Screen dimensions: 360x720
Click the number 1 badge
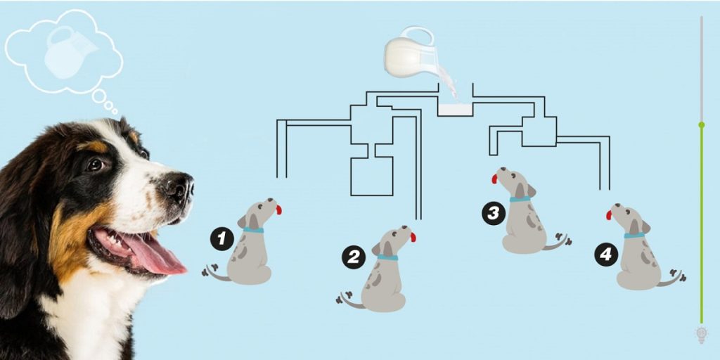click(221, 239)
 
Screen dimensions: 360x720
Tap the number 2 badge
click(353, 257)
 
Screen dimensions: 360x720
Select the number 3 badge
click(493, 213)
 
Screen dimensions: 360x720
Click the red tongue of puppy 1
click(279, 210)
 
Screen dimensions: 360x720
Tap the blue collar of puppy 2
click(387, 258)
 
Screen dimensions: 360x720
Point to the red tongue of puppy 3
click(494, 179)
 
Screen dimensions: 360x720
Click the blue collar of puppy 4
click(634, 235)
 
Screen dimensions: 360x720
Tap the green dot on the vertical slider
click(701, 124)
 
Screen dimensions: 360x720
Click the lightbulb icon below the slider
click(701, 334)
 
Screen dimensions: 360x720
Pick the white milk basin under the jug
click(454, 110)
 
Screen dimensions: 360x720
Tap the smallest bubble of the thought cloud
click(115, 110)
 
